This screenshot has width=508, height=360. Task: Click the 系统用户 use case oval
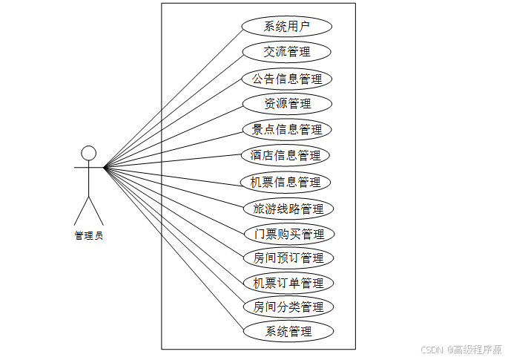tap(286, 27)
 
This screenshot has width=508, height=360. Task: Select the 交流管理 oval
tap(286, 52)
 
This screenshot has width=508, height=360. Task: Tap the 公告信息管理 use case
tap(286, 78)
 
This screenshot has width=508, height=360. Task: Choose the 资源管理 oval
tap(286, 103)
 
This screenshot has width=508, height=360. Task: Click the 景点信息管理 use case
tap(286, 129)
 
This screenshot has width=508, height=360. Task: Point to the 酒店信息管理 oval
tap(286, 155)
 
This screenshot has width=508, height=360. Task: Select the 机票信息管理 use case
tap(286, 182)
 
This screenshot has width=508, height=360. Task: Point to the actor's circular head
tap(88, 153)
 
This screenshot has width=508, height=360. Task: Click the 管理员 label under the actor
tap(88, 235)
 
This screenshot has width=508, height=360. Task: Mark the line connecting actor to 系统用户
tap(172, 96)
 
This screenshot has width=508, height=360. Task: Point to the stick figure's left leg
tap(81, 209)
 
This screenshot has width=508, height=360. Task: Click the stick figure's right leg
tap(96, 209)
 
